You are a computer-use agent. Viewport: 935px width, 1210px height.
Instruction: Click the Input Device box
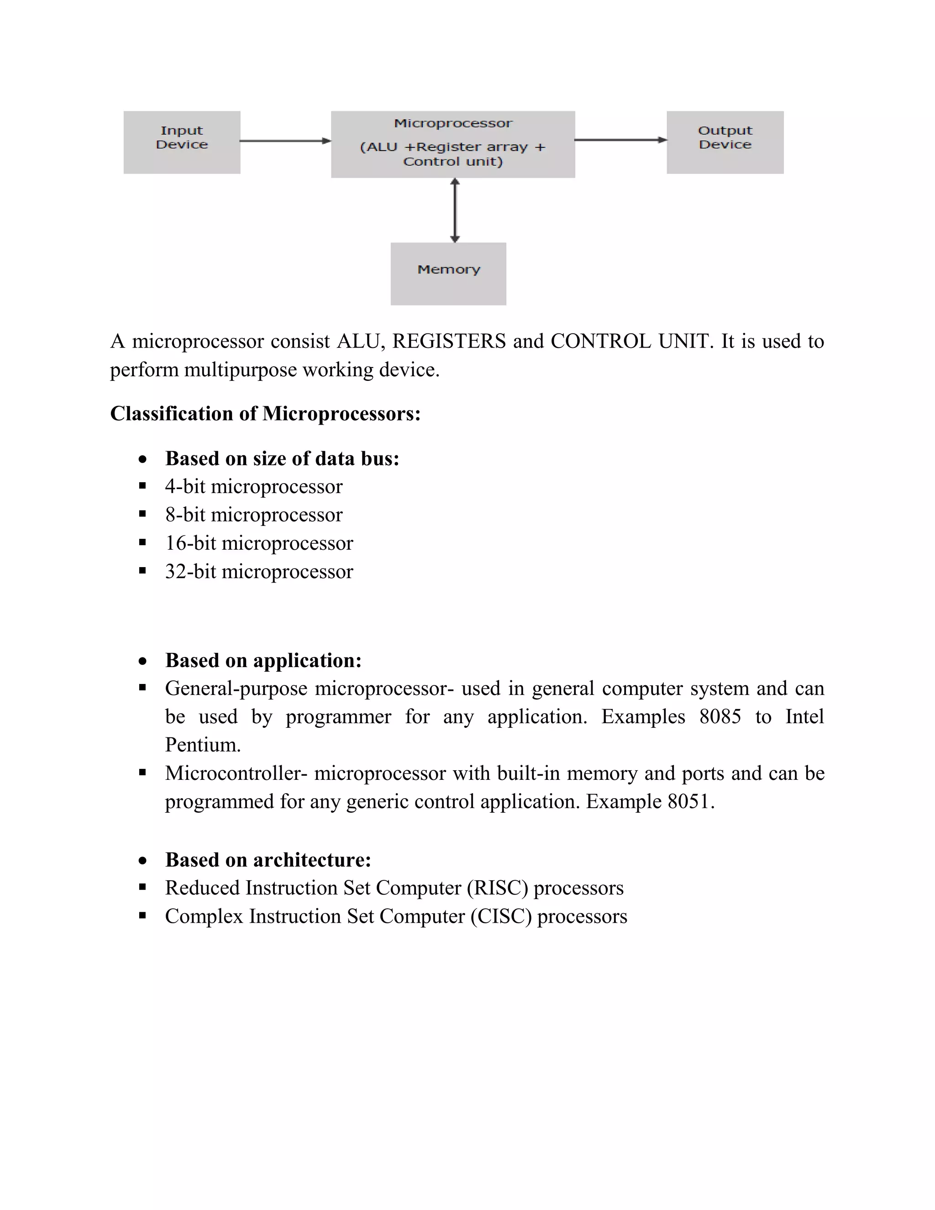182,142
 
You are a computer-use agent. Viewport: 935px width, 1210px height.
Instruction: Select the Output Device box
725,142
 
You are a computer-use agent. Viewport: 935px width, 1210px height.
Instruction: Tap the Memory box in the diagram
448,273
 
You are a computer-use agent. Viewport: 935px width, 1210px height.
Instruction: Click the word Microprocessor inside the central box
453,123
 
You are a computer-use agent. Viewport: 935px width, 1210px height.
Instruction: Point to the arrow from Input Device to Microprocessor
285,141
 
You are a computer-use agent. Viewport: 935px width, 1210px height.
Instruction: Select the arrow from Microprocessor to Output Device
620,140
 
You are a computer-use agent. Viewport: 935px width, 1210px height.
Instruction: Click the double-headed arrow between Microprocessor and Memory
455,210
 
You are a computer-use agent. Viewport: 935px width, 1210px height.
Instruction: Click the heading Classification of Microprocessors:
265,413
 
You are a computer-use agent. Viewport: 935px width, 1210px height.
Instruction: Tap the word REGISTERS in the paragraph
449,341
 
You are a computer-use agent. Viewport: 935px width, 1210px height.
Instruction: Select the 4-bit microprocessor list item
254,486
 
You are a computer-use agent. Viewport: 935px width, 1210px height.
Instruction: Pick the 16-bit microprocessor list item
259,543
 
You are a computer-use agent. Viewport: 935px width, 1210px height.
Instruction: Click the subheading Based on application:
263,660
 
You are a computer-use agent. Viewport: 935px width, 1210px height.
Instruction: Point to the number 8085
720,716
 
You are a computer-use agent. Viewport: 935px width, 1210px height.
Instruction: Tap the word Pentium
203,745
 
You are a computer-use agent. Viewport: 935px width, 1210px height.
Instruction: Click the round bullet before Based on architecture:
143,860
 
